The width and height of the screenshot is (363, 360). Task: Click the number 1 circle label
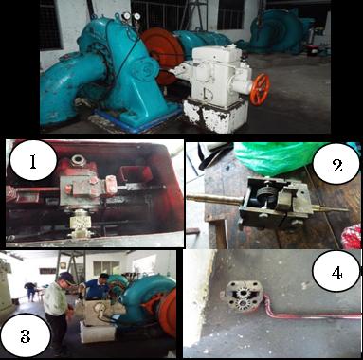pos(33,161)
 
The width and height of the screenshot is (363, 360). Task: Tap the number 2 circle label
pos(336,165)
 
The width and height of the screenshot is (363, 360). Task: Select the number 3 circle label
pos(26,335)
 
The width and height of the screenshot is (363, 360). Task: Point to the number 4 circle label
pos(336,273)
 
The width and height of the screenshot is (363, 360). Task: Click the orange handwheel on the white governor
pos(260,89)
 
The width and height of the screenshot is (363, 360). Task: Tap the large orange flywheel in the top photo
pos(162,55)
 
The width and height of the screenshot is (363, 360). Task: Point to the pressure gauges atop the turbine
pos(132,16)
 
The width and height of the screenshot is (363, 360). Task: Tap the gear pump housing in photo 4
pos(243,296)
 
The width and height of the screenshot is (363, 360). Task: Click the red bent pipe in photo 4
pos(310,312)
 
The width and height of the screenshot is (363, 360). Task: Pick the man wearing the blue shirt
pos(97,289)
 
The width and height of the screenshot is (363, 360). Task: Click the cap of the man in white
pos(67,277)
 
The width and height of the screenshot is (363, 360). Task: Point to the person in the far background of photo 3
pos(31,292)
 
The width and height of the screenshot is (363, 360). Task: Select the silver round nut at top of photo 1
pos(79,160)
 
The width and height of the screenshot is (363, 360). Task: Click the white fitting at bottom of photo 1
pos(81,225)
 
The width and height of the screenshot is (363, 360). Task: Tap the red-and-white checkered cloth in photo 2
pos(352,236)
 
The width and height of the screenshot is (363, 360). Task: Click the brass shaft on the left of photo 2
pos(215,199)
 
